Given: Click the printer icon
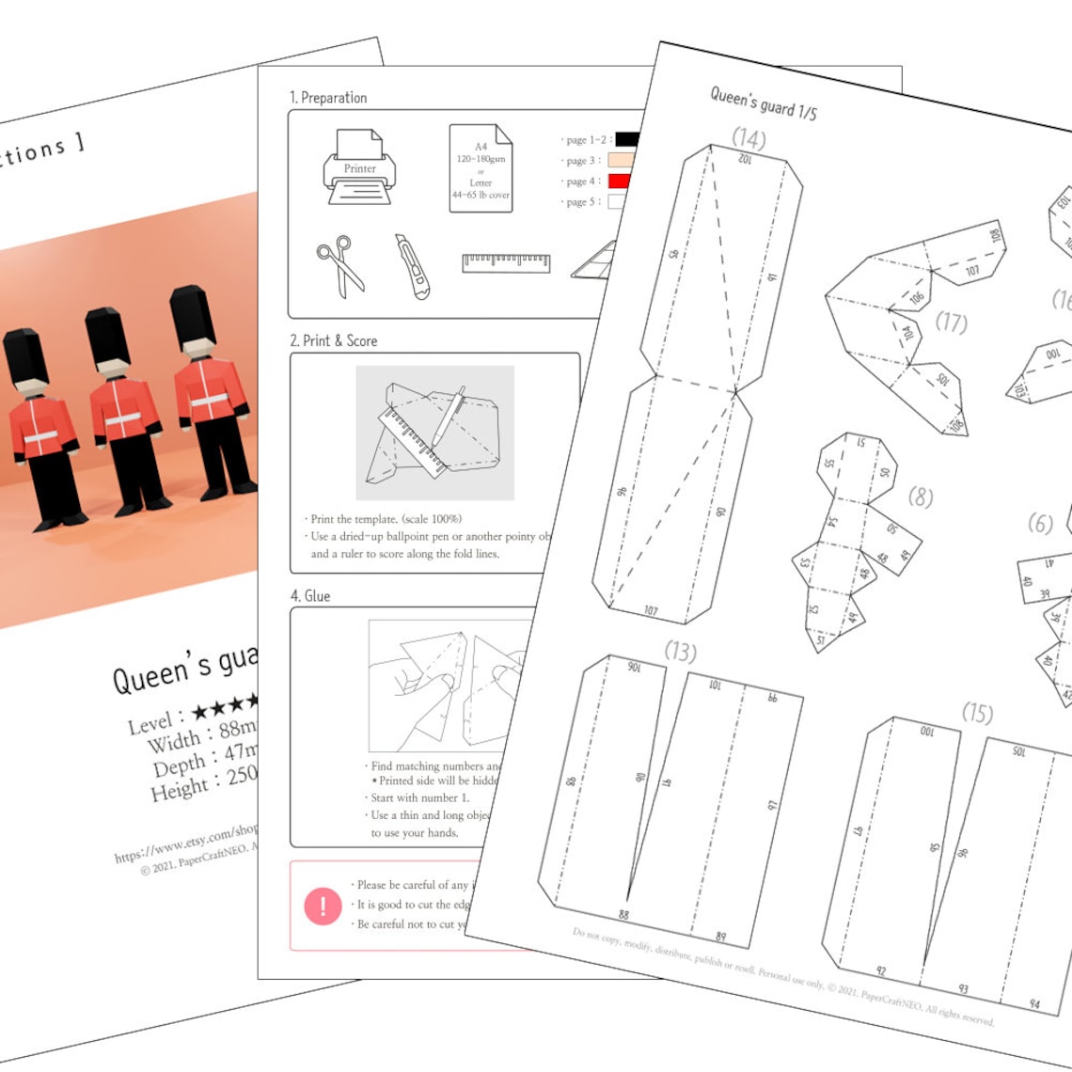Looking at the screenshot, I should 359,167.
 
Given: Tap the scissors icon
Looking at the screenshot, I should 340,265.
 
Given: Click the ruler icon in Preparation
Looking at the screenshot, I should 506,262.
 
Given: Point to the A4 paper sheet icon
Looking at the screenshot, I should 481,168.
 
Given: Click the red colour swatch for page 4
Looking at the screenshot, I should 621,181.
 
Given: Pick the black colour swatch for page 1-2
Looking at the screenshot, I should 626,139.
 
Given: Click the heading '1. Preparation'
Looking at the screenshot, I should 328,98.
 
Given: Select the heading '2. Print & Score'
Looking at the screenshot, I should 334,340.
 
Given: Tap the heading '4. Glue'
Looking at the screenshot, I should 310,596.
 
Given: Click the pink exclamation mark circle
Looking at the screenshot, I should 323,906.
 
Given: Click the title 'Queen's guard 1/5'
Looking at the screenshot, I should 763,102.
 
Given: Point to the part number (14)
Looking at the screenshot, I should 749,139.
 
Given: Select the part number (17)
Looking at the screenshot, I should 951,323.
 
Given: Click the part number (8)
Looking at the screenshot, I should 921,497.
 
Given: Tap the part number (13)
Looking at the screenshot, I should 680,651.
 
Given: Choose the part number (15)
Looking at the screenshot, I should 977,713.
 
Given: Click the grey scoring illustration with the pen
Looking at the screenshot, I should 434,433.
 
